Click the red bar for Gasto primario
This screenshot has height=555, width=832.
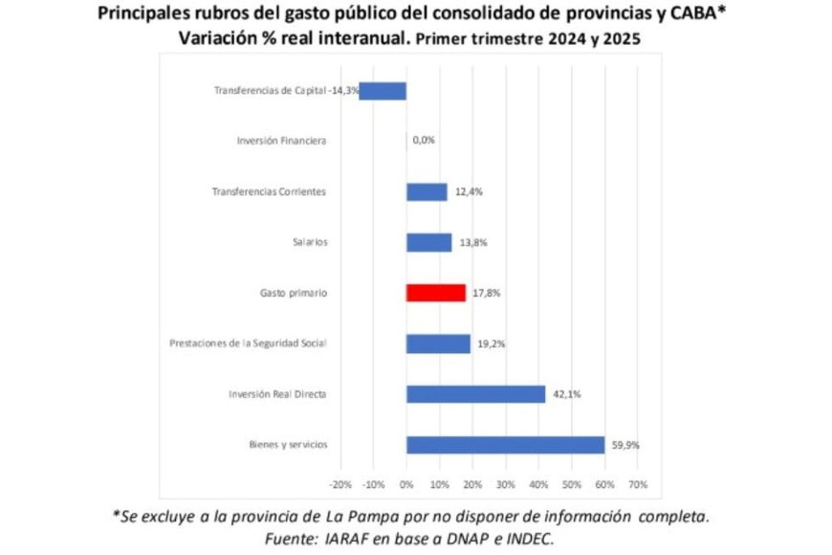(x=436, y=293)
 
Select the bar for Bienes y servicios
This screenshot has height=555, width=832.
(x=505, y=445)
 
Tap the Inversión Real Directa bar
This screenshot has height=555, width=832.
(x=475, y=394)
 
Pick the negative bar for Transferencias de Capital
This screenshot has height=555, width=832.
(x=383, y=91)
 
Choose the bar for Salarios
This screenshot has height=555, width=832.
(x=428, y=242)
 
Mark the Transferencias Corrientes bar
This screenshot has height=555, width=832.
(x=427, y=191)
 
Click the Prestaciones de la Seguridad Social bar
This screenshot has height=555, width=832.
(x=438, y=344)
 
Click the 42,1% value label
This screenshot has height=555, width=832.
(x=564, y=394)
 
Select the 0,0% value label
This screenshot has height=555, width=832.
(x=424, y=141)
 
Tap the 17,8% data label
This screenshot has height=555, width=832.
(x=485, y=293)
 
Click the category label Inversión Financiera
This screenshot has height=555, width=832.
(x=281, y=141)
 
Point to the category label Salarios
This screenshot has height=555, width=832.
(x=310, y=242)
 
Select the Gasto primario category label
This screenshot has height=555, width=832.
(x=294, y=293)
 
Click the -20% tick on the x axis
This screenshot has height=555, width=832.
(x=340, y=484)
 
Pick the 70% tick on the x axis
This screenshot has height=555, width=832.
(x=638, y=484)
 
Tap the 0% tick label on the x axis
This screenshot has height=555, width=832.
(x=406, y=484)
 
